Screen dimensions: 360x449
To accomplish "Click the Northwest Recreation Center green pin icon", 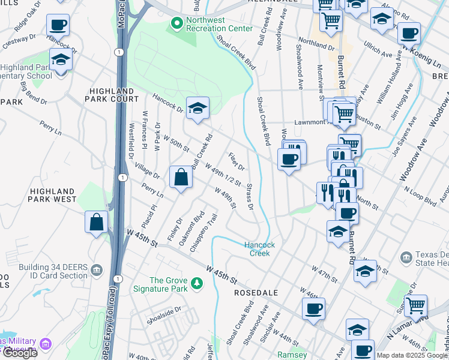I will [176, 23].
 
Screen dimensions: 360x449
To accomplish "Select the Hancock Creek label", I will [260, 249].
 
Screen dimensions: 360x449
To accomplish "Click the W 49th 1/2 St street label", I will [223, 174].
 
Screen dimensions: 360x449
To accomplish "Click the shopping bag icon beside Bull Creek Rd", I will [181, 178].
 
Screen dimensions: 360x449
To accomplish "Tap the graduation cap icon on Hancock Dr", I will [197, 109].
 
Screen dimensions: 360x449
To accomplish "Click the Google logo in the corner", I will [20, 353].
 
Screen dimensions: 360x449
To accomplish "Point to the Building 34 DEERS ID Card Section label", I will [53, 271].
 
